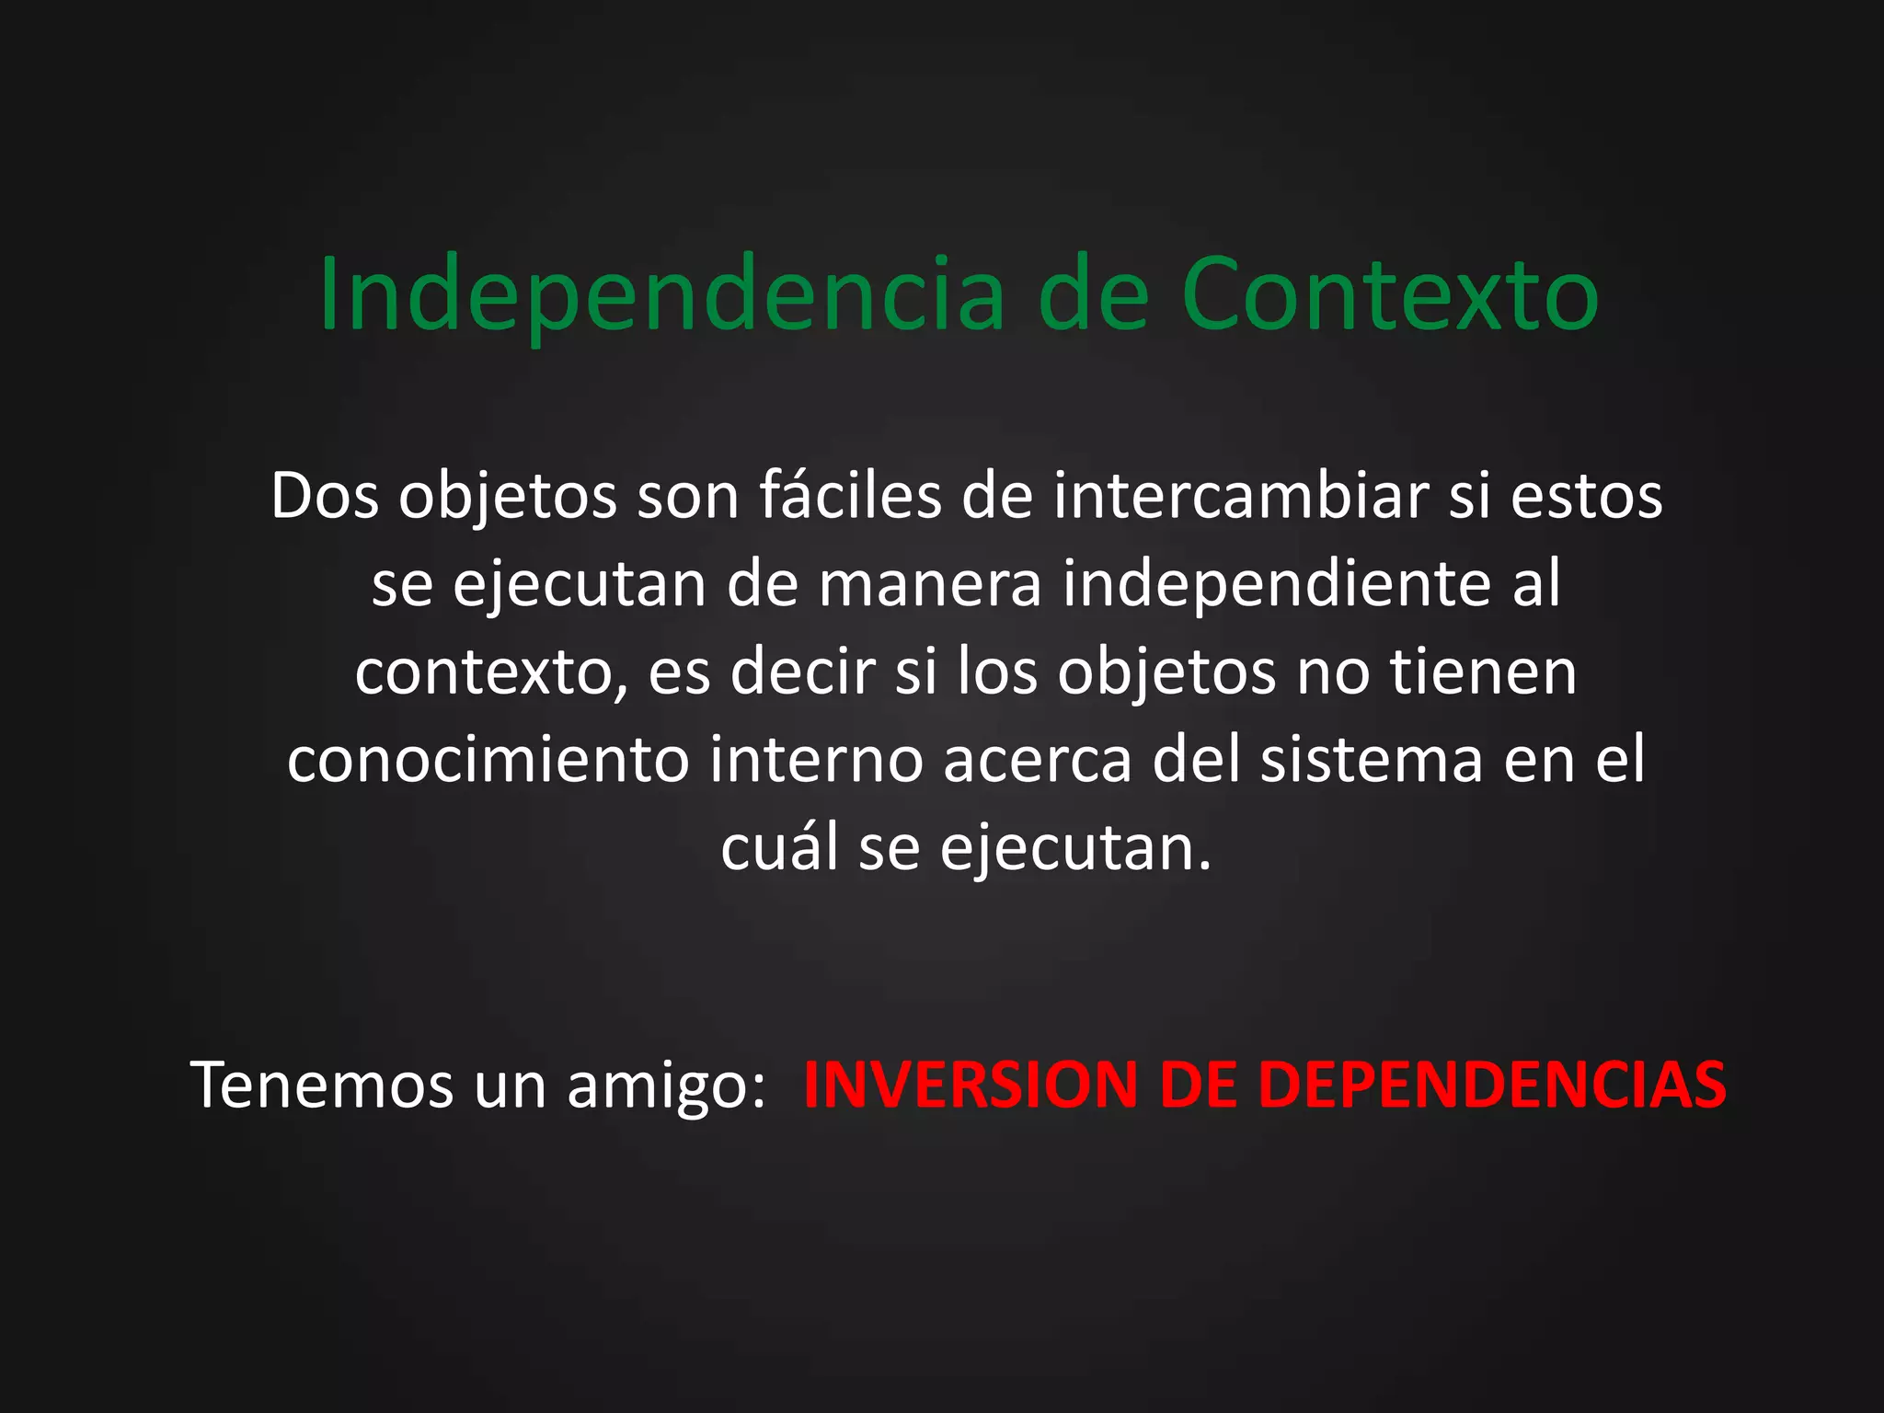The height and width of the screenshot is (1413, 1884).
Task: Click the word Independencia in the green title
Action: [x=662, y=294]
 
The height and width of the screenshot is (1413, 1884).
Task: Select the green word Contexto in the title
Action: [x=1390, y=294]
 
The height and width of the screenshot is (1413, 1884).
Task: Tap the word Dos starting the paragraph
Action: [x=325, y=497]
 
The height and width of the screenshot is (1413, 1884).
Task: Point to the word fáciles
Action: [x=850, y=497]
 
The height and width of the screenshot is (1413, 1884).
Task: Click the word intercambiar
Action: [x=1241, y=497]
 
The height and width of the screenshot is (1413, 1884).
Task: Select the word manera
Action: [x=930, y=584]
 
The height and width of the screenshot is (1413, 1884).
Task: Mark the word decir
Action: [x=802, y=672]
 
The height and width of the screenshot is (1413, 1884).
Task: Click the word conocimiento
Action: [x=488, y=761]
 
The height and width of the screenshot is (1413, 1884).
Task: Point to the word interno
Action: [x=816, y=761]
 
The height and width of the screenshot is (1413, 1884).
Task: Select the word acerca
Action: [x=1037, y=761]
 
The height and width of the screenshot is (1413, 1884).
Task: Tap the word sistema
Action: [x=1372, y=761]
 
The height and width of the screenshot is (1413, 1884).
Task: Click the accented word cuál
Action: [x=780, y=848]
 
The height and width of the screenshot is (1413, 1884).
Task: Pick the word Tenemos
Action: [x=323, y=1086]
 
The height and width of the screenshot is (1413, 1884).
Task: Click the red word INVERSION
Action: [x=971, y=1086]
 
